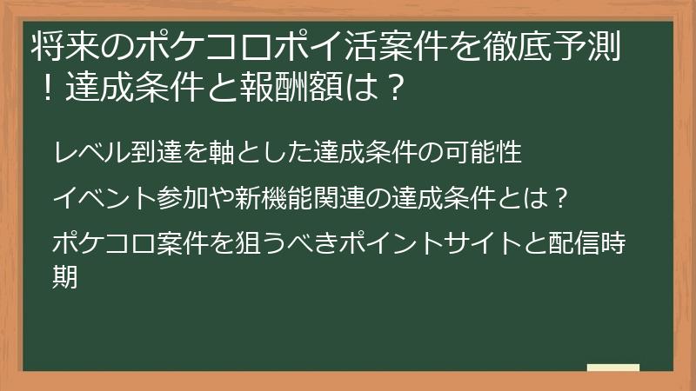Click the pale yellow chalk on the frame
(612, 368)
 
